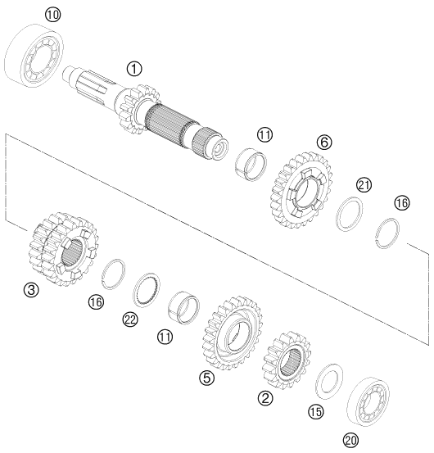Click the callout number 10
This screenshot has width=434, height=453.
[53, 15]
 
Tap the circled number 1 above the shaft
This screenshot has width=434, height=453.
[134, 69]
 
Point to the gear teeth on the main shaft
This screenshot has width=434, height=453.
[139, 109]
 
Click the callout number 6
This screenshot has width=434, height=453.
[324, 143]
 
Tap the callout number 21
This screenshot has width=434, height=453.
[364, 185]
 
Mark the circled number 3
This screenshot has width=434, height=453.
[31, 290]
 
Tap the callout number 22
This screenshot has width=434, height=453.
[130, 319]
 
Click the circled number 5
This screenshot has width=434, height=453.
[206, 378]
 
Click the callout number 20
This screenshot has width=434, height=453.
[350, 440]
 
